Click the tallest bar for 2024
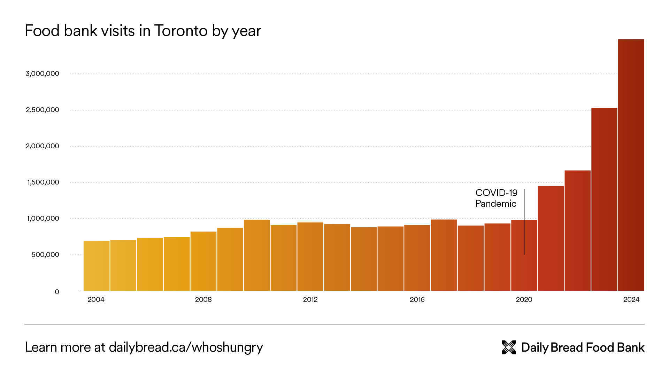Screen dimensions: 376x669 coord(631,165)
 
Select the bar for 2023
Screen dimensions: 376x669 coord(604,199)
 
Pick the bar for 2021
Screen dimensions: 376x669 coord(551,238)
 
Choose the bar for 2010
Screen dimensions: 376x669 coord(257,255)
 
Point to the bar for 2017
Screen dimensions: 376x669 coord(444,255)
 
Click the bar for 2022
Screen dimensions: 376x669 coord(578,230)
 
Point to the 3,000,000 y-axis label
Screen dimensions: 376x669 coord(42,73)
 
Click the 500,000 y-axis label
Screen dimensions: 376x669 coord(45,254)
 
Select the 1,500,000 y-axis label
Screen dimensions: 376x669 coord(43,182)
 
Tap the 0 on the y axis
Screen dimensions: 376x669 coord(57,292)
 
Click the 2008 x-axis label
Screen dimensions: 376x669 coord(203,299)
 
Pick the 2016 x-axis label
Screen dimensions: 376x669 coord(417,299)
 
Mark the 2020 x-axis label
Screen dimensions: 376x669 coord(524,299)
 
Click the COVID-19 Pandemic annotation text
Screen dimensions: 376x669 coord(496,198)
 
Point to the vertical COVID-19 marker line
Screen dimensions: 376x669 coord(524,223)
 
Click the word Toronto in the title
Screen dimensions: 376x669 coord(181,31)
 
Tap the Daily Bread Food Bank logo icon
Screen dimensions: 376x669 coord(509,347)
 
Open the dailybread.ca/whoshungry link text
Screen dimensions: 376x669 coord(186,347)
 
